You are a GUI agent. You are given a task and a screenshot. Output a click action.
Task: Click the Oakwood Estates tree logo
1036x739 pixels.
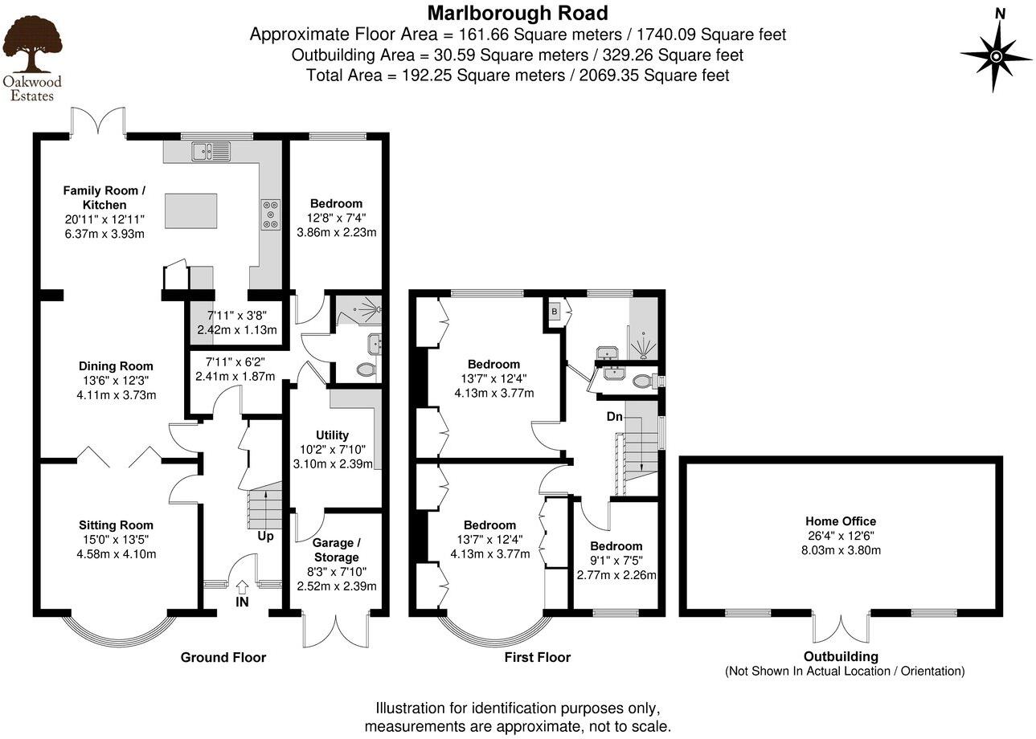point(32,44)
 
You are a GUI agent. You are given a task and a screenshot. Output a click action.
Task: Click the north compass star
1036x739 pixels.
point(996,55)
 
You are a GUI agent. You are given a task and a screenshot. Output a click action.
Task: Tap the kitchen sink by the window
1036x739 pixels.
point(211,150)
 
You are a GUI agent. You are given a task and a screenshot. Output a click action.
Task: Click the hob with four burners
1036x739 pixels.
point(270,214)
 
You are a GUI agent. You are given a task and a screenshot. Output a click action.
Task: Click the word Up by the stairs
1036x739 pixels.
point(264,535)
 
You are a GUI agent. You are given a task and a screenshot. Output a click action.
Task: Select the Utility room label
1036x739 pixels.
point(332,435)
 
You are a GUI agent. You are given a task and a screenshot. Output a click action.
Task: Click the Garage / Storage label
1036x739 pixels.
point(336,549)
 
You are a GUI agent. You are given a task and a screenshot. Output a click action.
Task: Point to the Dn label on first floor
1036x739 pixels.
point(614,417)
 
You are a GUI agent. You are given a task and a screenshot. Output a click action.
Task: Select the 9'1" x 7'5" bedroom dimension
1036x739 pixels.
point(616,561)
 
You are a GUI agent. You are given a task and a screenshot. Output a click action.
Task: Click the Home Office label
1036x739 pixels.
point(841,521)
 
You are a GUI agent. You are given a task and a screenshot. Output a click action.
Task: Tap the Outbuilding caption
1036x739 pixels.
point(841,656)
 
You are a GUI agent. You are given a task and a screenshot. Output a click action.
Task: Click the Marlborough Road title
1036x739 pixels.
point(517,13)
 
